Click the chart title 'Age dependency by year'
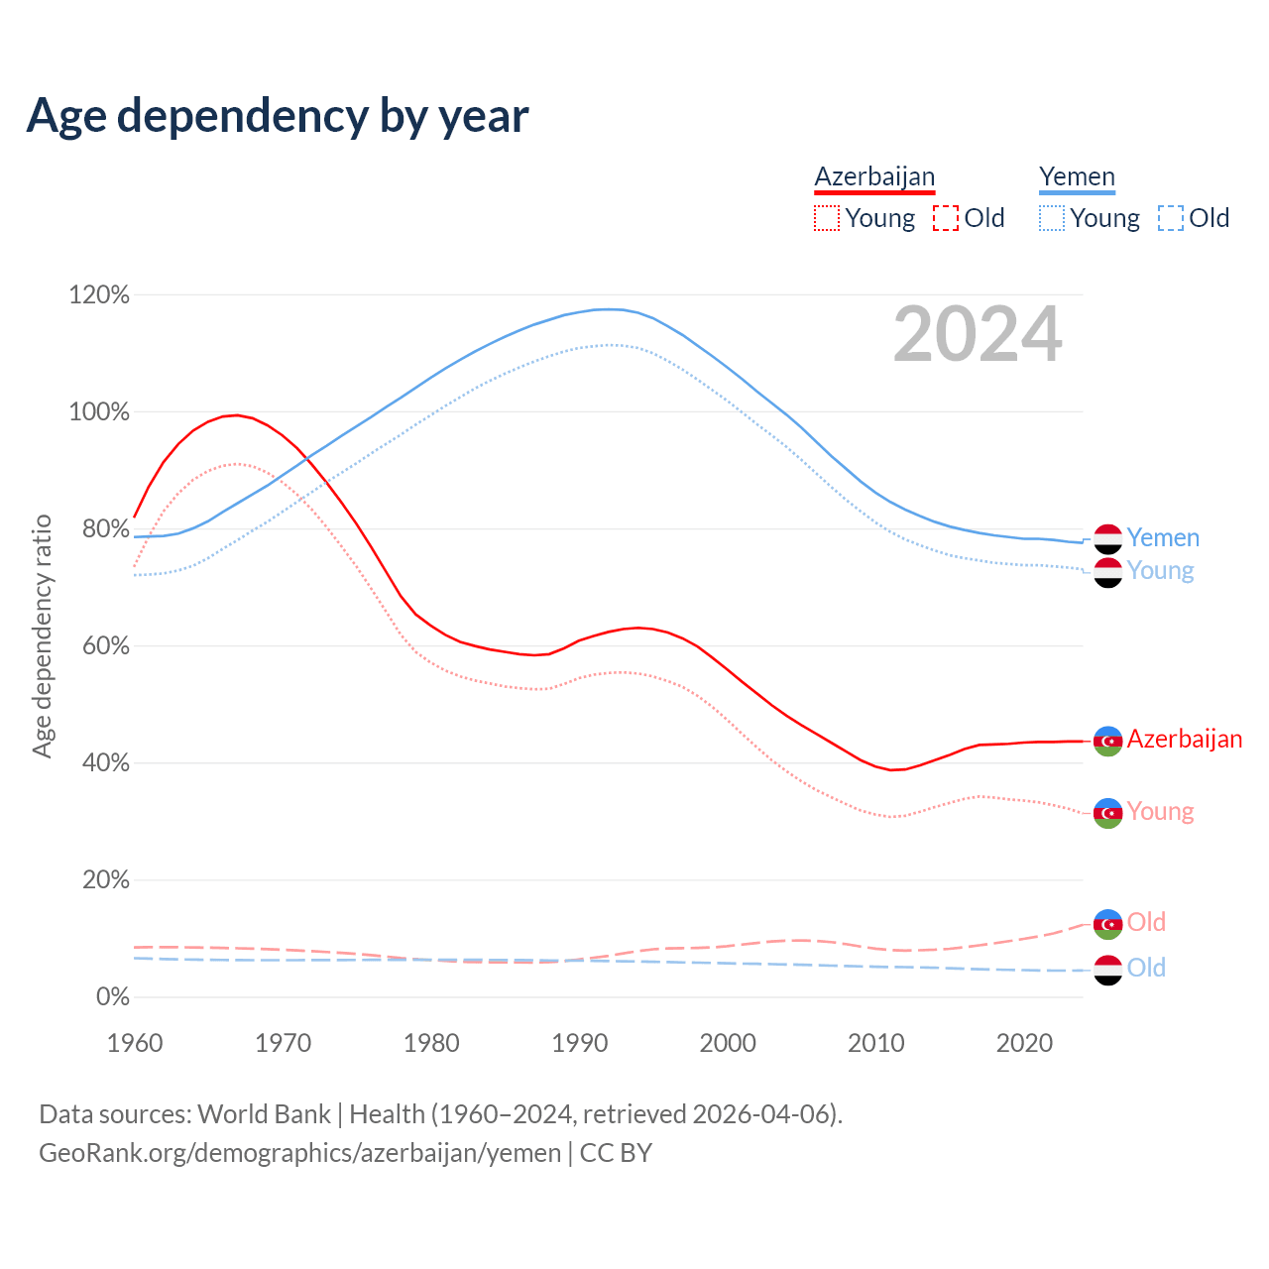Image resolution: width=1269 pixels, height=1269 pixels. [x=278, y=116]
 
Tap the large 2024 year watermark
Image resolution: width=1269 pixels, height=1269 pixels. [x=978, y=335]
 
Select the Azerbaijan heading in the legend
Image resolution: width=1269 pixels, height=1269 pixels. [x=874, y=176]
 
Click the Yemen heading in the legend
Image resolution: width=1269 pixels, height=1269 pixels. [x=1077, y=176]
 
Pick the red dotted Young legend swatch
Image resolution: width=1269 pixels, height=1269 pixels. [x=827, y=218]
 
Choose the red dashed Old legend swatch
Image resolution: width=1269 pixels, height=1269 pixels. [x=946, y=218]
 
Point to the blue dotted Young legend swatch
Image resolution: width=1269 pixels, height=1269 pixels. [x=1052, y=218]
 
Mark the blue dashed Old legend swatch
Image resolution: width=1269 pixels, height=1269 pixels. [x=1171, y=218]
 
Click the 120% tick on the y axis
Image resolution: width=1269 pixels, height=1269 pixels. [x=99, y=295]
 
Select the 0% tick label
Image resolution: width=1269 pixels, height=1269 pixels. [x=112, y=997]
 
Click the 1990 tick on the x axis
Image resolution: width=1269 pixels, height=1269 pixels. [x=580, y=1043]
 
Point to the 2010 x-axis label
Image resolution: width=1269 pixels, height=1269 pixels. [x=876, y=1043]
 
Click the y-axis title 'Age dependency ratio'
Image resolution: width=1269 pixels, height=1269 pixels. [x=42, y=635]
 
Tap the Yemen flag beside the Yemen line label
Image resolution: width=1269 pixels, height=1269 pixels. [x=1107, y=538]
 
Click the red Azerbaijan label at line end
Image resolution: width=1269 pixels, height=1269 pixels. [x=1185, y=740]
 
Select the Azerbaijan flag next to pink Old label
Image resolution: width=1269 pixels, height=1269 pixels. [x=1107, y=923]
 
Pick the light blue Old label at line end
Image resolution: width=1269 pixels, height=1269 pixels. [x=1146, y=969]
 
